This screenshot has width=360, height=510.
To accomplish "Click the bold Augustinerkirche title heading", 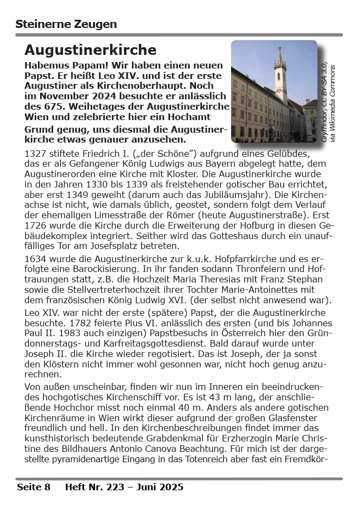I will [91, 50].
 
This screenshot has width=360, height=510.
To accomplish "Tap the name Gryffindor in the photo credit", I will [324, 127].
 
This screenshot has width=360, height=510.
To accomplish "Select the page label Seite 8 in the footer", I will [33, 487].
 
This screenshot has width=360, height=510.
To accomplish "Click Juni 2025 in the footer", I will [160, 487].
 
